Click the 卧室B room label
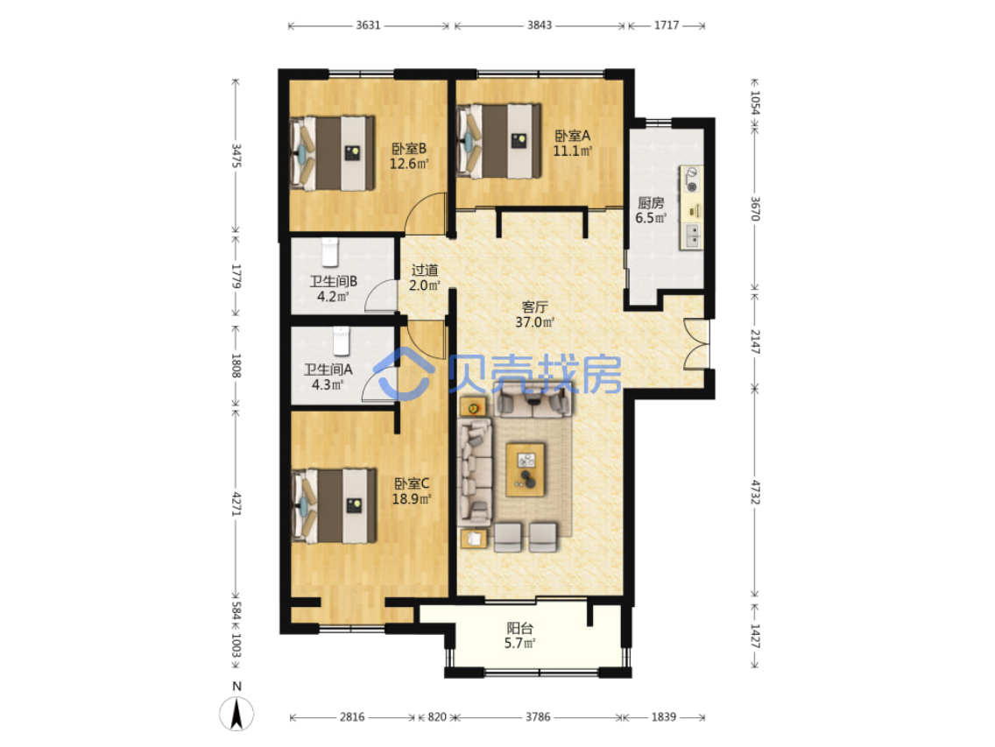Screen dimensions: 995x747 coord(409,149)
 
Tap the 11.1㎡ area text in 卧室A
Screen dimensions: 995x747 coord(572,151)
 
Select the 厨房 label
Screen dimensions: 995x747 coord(651,202)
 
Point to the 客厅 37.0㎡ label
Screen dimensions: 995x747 coord(534,314)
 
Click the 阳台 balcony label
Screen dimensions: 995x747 coord(519,628)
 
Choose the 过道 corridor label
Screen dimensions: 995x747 coord(425,271)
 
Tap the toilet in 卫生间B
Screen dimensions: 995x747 coord(329,252)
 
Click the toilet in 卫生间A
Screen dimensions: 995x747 coord(342,341)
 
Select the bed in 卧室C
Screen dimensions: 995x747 coord(334,506)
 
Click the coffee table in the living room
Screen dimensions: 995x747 coord(526,469)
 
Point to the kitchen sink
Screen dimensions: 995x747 coord(692,236)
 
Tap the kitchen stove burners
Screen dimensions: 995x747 coord(691,179)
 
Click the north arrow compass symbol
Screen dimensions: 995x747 coord(236,714)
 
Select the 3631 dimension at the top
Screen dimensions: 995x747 coord(368,25)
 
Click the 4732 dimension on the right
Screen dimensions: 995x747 coord(754,492)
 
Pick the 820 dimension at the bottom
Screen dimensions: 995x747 coord(436,717)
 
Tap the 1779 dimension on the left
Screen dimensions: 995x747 coord(236,277)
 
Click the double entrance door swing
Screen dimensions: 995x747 coord(696,344)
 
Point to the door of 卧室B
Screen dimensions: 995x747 coord(425,212)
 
